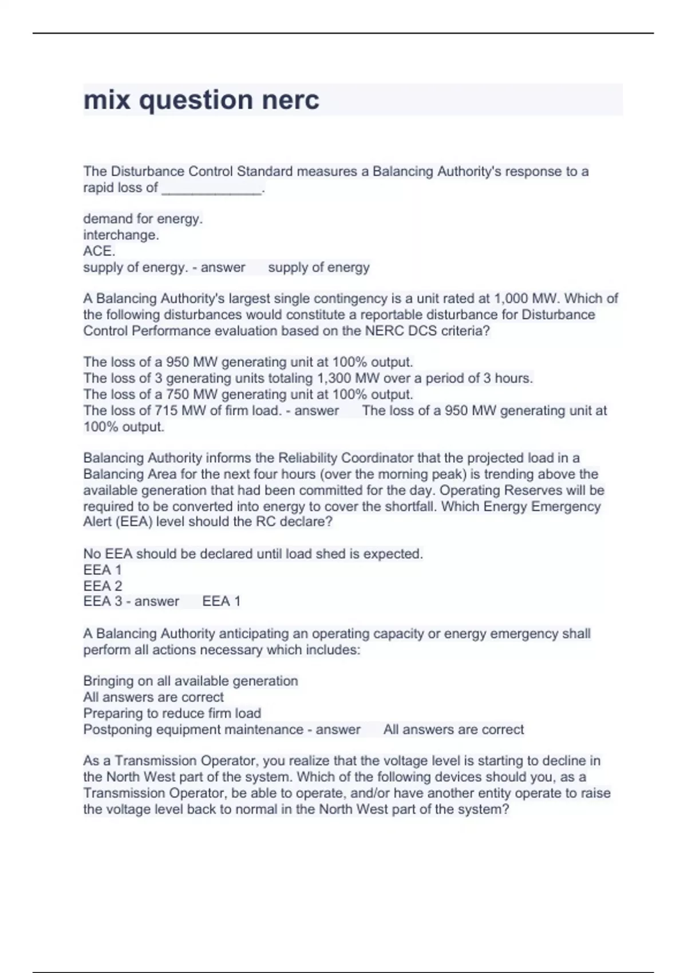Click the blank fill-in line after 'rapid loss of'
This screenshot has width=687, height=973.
pyautogui.click(x=211, y=189)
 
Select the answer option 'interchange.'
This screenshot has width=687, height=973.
pyautogui.click(x=121, y=235)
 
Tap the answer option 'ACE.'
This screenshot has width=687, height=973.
pyautogui.click(x=99, y=251)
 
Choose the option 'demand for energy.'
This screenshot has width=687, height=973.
pyautogui.click(x=143, y=219)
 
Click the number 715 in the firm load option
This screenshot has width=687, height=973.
pyautogui.click(x=166, y=410)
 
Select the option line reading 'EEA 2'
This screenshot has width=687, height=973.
pyautogui.click(x=102, y=586)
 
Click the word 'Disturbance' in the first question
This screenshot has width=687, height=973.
pyautogui.click(x=147, y=172)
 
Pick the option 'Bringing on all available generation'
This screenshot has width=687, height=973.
pyautogui.click(x=191, y=681)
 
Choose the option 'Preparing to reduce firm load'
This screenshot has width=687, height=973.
pyautogui.click(x=172, y=713)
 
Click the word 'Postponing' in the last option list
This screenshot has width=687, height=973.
pyautogui.click(x=116, y=730)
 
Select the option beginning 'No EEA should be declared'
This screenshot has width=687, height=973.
pyautogui.click(x=253, y=554)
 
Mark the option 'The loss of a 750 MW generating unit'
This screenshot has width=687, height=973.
pyautogui.click(x=248, y=394)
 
